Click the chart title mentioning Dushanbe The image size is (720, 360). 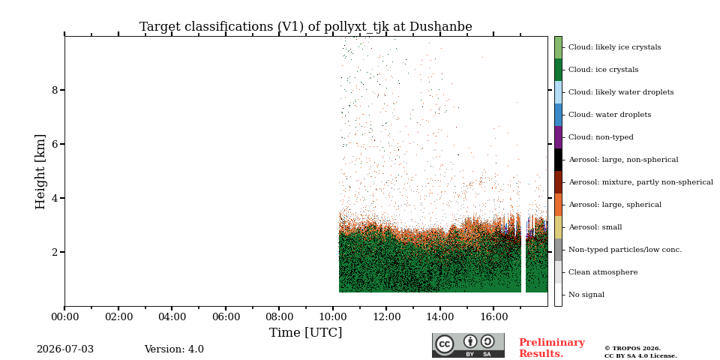point(306,27)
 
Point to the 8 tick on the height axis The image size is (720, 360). point(55,90)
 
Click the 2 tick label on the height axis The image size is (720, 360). point(55,252)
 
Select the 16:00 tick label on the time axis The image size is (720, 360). point(494,316)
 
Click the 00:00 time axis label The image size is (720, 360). point(64,316)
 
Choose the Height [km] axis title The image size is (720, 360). point(40,172)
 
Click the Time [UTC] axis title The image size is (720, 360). point(306,332)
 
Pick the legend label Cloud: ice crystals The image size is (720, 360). point(603,70)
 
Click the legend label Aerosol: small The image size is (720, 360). point(595,227)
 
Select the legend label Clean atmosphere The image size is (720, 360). point(603,272)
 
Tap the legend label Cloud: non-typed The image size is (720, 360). point(601,137)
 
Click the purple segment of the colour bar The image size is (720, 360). point(558,137)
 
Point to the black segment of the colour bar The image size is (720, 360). point(558,160)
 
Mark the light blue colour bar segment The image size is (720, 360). point(558,92)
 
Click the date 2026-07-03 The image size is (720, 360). point(65,349)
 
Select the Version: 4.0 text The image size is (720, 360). point(174,349)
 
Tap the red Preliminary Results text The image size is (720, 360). point(552,348)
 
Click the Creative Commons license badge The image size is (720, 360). point(468,345)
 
